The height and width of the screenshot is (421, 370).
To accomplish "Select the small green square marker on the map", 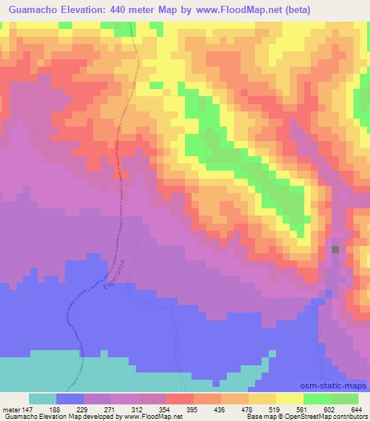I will (335, 250).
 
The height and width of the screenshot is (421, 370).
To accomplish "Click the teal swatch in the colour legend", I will (43, 399).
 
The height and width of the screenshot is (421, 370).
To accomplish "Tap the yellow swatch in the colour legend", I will (289, 399).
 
